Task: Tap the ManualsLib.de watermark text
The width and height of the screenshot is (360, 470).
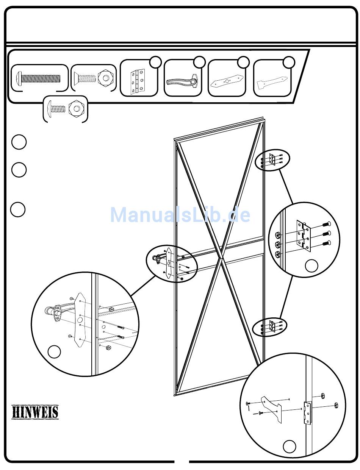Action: pyautogui.click(x=180, y=215)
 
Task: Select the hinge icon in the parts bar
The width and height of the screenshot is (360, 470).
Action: pyautogui.click(x=138, y=81)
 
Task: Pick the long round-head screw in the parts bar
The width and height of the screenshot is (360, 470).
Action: pyautogui.click(x=38, y=78)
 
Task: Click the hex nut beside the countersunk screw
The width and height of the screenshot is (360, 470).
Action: pyautogui.click(x=106, y=78)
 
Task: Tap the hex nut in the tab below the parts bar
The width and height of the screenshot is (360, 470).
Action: pyautogui.click(x=76, y=109)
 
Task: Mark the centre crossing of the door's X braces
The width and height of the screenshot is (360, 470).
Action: pyautogui.click(x=221, y=258)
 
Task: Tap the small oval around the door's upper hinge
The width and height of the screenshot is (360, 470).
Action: pyautogui.click(x=272, y=160)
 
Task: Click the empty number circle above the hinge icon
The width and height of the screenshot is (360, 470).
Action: pyautogui.click(x=156, y=62)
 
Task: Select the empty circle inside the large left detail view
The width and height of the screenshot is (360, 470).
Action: pyautogui.click(x=54, y=352)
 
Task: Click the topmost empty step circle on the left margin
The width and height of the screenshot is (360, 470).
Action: pyautogui.click(x=19, y=142)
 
